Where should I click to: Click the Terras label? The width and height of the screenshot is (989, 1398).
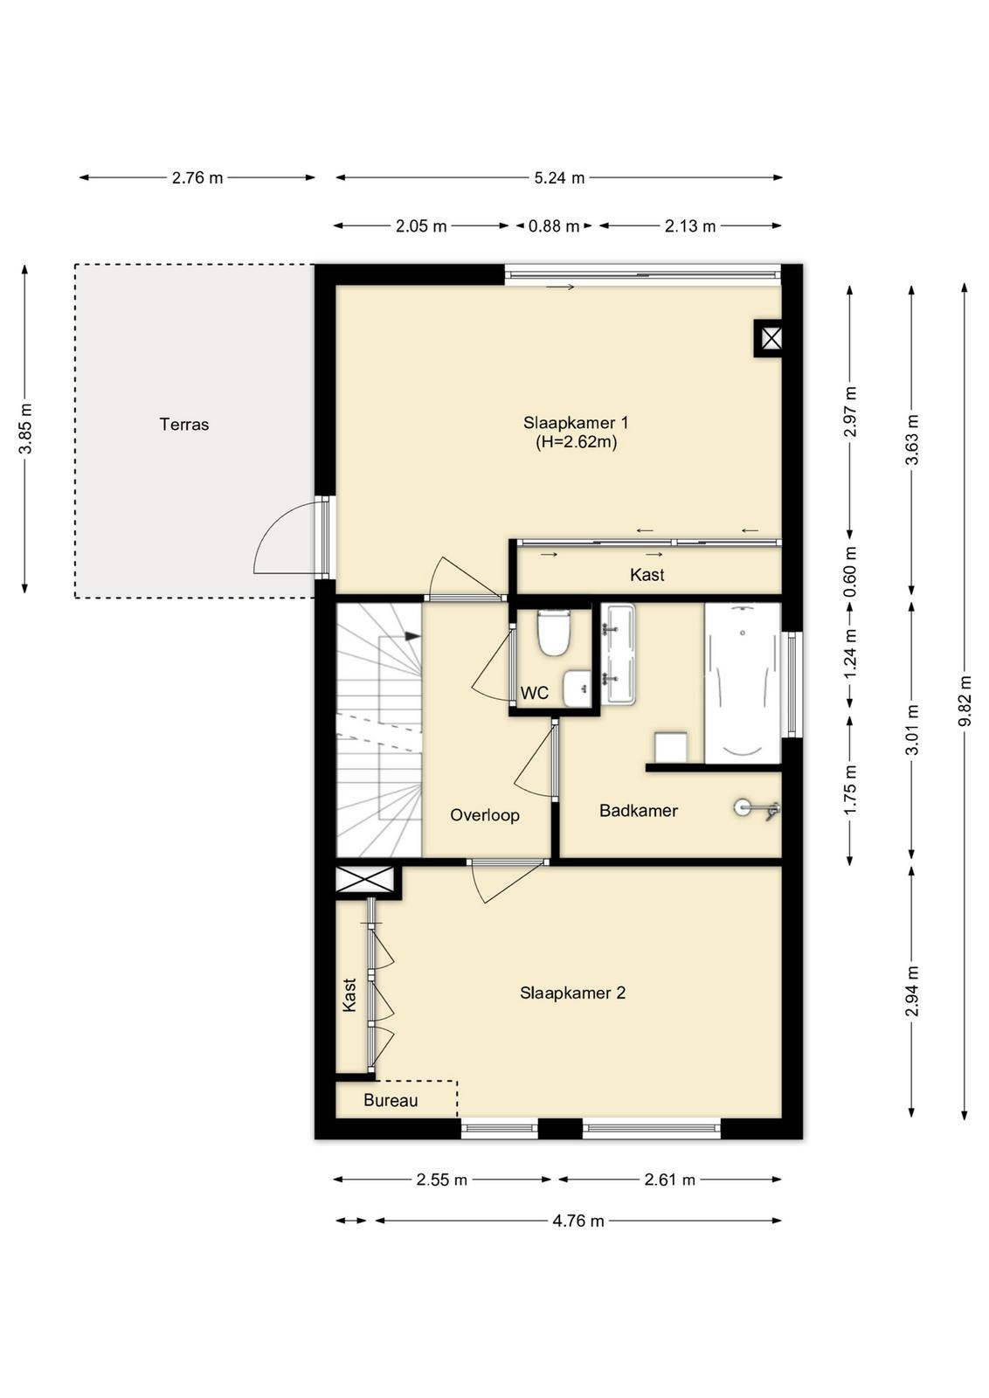tap(184, 425)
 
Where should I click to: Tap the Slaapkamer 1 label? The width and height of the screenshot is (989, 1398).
tap(576, 423)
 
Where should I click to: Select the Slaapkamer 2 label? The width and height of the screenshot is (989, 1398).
tap(572, 993)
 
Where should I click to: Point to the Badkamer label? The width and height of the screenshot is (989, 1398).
tap(639, 811)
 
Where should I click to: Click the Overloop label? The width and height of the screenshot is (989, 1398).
tap(485, 815)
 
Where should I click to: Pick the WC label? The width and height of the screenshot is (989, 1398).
tap(535, 692)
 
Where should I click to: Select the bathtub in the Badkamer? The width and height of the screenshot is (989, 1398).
tap(743, 682)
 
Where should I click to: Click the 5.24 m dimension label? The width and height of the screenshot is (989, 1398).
tap(559, 178)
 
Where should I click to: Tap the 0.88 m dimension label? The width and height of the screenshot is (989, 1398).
tap(553, 226)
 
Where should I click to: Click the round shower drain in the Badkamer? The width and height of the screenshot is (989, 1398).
tap(743, 807)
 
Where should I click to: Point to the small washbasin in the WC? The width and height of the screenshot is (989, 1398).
tap(577, 688)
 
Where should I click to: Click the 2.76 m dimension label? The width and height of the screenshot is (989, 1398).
tap(197, 178)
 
